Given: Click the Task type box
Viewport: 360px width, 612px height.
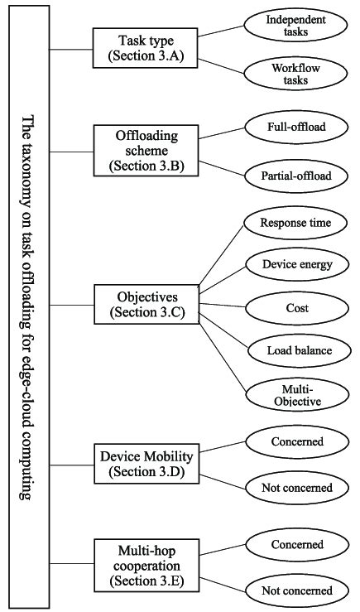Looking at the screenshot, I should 140,47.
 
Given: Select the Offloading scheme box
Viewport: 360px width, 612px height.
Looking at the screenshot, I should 140,151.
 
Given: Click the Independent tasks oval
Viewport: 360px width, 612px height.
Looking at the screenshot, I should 295,25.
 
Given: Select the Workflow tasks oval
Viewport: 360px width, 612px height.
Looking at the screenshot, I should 295,73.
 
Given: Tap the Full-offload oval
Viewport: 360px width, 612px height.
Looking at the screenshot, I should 295,127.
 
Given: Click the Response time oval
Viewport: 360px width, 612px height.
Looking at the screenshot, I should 295,223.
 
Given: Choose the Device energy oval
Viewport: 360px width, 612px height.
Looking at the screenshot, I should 295,265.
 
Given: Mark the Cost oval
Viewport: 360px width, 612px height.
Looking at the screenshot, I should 295,307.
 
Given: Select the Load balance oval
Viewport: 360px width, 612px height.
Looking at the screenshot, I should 295,350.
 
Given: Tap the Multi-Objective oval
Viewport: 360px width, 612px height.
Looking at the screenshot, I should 295,393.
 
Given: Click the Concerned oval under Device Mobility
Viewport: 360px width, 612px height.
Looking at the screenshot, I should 295,441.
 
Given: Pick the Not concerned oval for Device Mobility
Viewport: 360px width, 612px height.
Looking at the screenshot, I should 295,488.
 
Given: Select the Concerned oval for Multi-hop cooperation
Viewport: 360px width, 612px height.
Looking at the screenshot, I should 295,544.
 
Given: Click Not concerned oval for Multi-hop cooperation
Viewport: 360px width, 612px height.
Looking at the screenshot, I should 295,590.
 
